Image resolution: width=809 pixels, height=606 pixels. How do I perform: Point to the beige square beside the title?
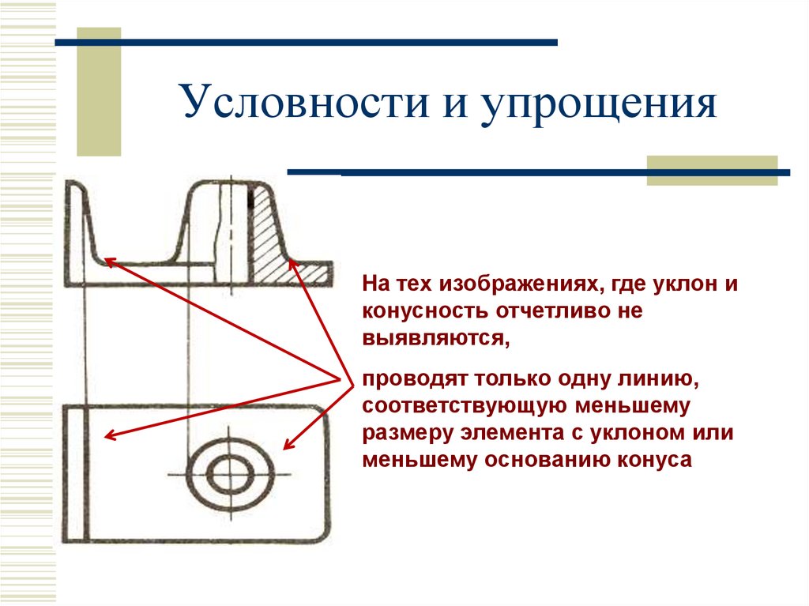[99, 91]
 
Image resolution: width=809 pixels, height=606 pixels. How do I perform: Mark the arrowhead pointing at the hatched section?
[292, 264]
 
